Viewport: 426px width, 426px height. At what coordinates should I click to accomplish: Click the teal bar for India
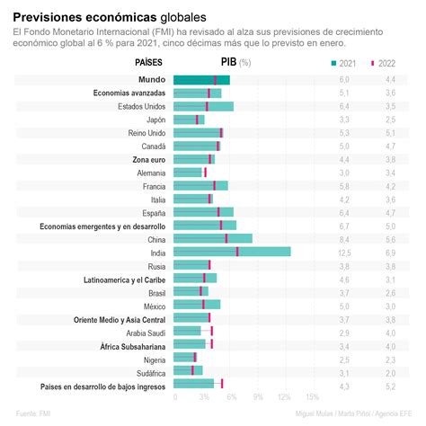(x=232, y=253)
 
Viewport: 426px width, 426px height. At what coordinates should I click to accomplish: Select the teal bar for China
(x=213, y=239)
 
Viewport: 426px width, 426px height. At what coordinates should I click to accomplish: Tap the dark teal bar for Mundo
(x=201, y=80)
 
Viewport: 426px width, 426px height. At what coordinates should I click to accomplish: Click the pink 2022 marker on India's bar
(x=237, y=253)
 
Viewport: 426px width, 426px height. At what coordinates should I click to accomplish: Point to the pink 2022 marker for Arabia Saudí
(x=211, y=331)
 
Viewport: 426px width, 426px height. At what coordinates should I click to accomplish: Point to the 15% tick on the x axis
(x=312, y=396)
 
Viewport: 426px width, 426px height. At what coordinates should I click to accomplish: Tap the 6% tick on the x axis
(x=230, y=396)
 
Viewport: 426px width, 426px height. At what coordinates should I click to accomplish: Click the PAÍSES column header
(x=149, y=63)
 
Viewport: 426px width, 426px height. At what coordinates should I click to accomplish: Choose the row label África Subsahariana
(x=133, y=344)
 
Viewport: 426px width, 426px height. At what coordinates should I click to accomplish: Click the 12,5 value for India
(x=343, y=253)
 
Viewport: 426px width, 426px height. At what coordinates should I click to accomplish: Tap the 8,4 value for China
(x=343, y=239)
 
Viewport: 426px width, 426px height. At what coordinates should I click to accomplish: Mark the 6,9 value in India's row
(x=390, y=253)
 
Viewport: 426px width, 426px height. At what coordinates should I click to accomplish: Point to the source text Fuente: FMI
(x=31, y=414)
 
